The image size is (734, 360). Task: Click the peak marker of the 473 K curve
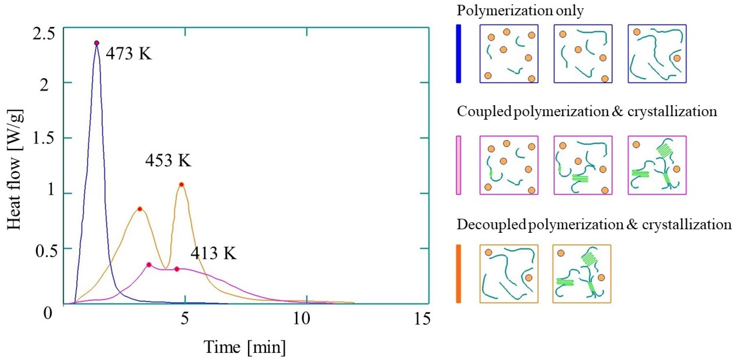click(97, 43)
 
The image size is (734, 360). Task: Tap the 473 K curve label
click(129, 53)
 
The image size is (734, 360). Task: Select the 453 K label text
click(168, 161)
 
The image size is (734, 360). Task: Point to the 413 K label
click(214, 253)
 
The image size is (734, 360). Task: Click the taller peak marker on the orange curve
click(181, 184)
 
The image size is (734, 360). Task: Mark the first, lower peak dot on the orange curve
click(140, 209)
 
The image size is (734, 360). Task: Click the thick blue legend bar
click(458, 54)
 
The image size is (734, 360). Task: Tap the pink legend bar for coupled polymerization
click(458, 165)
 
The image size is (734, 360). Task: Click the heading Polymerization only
click(520, 11)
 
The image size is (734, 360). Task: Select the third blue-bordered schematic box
click(657, 54)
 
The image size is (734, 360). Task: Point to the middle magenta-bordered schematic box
click(583, 165)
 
